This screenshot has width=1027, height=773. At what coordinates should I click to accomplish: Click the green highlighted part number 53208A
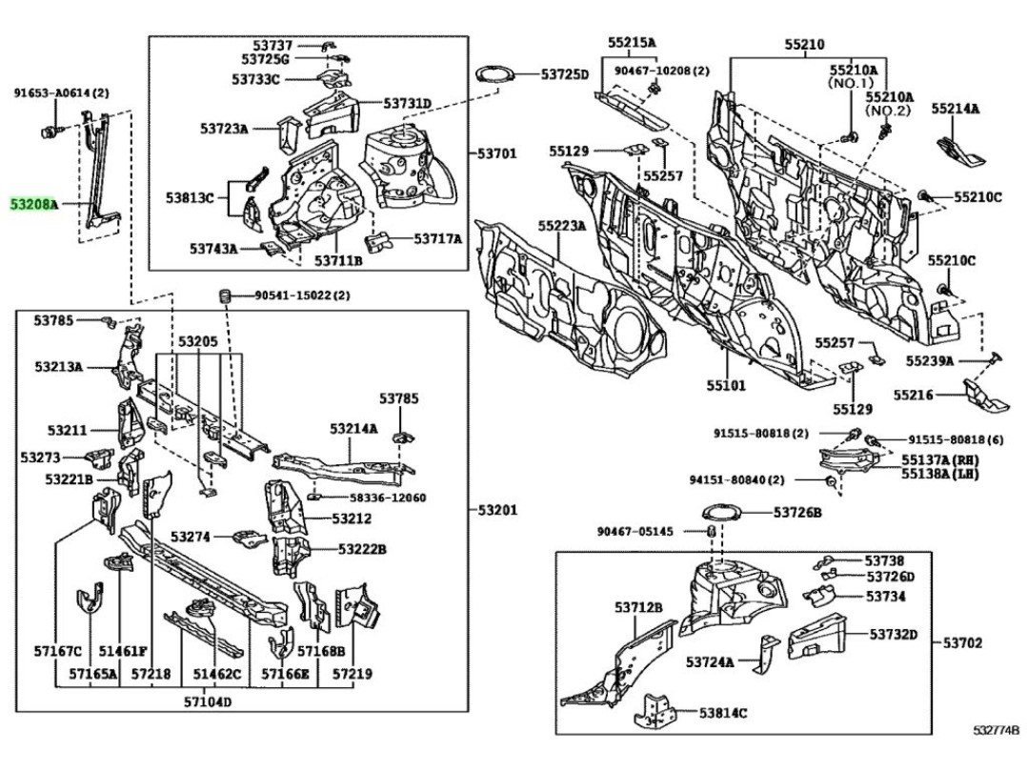pyautogui.click(x=34, y=205)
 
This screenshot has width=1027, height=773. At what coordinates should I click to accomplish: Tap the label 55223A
pyautogui.click(x=562, y=226)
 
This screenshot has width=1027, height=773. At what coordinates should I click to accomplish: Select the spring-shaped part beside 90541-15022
pyautogui.click(x=226, y=295)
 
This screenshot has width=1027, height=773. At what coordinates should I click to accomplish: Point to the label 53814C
pyautogui.click(x=722, y=713)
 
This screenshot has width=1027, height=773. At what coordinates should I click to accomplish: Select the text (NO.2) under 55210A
pyautogui.click(x=888, y=111)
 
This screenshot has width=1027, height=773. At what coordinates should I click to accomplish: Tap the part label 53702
pyautogui.click(x=963, y=643)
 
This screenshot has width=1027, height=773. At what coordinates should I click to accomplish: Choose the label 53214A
pyautogui.click(x=353, y=428)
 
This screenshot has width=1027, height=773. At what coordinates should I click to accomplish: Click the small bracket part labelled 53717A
pyautogui.click(x=378, y=240)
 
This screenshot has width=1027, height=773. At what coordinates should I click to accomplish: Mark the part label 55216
pyautogui.click(x=914, y=395)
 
